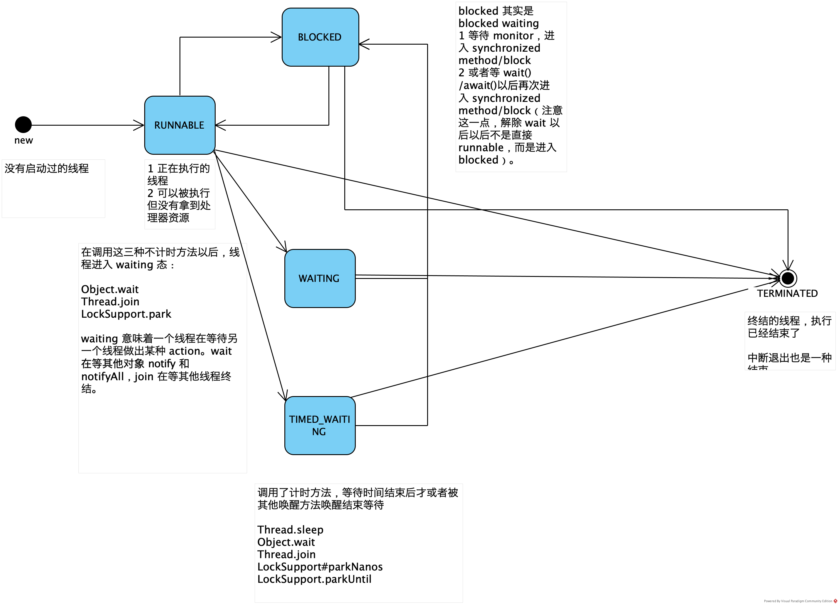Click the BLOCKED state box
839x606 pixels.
point(320,37)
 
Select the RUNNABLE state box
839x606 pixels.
point(179,125)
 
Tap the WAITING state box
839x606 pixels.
point(320,278)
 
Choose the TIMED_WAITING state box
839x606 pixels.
point(320,425)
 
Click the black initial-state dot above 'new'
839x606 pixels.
point(23,124)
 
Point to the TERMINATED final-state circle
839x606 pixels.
point(788,278)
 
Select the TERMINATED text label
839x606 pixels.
point(787,293)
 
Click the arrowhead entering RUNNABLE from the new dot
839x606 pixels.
point(140,125)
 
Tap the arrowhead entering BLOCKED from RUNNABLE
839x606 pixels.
point(277,37)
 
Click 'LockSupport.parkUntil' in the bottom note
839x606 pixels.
point(314,579)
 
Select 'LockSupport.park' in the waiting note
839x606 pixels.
point(126,314)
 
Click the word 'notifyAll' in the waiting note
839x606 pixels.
point(103,376)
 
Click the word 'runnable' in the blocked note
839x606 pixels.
point(481,147)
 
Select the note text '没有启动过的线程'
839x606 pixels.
point(47,169)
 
